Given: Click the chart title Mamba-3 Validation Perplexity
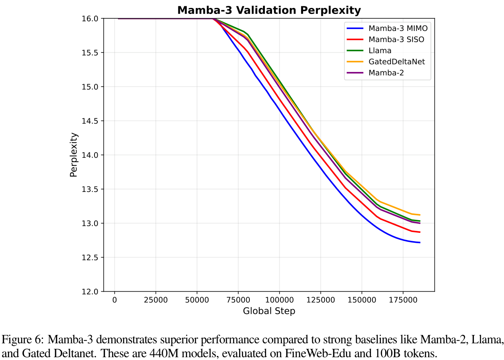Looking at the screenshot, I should (269, 10).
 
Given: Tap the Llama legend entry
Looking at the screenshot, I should (380, 50).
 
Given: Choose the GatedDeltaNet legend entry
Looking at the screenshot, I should (397, 62).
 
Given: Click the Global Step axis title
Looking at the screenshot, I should (269, 311).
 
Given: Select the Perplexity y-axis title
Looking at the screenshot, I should (74, 155).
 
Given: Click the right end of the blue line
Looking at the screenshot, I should (419, 242).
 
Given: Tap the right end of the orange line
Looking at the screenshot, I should (419, 215).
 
